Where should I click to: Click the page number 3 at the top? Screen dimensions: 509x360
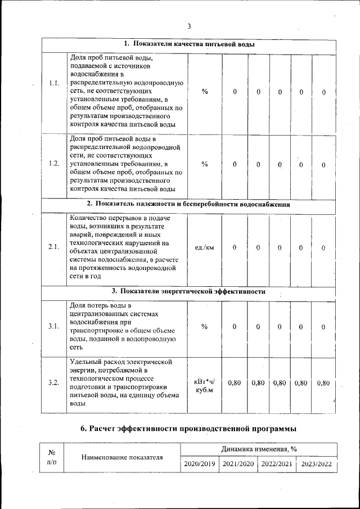pos(190,26)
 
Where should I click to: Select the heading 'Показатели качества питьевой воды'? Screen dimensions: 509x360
pos(189,44)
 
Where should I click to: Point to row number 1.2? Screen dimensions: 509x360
pos(54,164)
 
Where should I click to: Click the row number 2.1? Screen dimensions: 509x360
pos(54,247)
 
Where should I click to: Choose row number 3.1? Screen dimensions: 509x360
pos(54,327)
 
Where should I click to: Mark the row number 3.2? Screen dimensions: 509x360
pos(54,382)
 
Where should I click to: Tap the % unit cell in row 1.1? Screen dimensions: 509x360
pos(204,92)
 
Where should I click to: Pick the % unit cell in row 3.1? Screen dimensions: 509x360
pos(204,327)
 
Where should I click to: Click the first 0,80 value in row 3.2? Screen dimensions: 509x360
pos(235,382)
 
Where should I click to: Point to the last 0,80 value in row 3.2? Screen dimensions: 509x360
pos(323,382)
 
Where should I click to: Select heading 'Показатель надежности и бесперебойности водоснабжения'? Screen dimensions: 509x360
pos(189,204)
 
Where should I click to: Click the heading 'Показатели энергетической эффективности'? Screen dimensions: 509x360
pos(189,291)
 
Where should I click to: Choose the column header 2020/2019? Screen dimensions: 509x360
pos(199,464)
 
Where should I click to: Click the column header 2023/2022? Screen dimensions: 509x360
pos(316,464)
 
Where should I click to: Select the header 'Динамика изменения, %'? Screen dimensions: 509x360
pos(259,448)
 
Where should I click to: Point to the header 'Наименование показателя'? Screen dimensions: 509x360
pos(122,457)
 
